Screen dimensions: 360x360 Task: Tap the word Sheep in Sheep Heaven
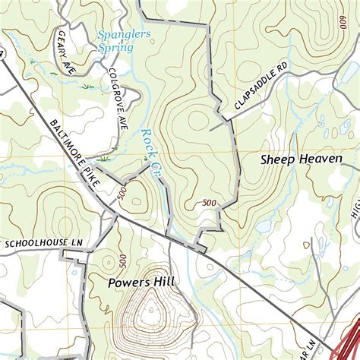click(277, 159)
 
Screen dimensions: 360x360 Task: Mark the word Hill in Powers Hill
click(163, 282)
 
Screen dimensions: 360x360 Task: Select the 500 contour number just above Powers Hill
click(122, 261)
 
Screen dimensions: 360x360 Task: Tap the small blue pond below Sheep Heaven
click(264, 226)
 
